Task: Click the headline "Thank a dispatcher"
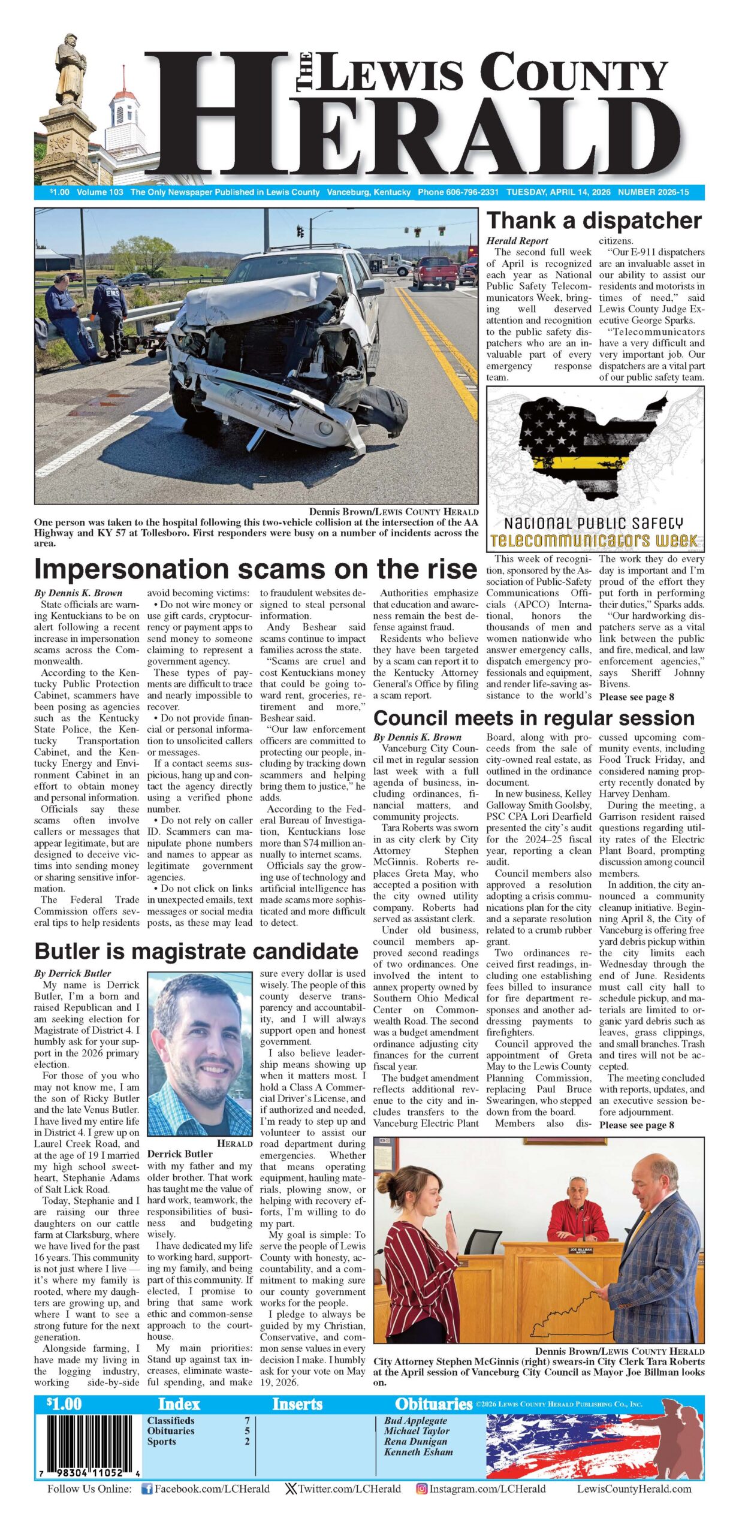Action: click(x=593, y=221)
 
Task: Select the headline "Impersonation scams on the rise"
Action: click(x=255, y=569)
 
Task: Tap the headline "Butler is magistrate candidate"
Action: click(x=196, y=951)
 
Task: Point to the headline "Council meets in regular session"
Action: click(x=533, y=718)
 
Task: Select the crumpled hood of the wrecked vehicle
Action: click(x=264, y=298)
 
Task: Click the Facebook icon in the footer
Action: click(x=146, y=1488)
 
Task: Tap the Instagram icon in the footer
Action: click(x=421, y=1488)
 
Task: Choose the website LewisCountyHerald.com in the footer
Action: click(x=634, y=1488)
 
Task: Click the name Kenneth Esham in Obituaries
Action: click(x=418, y=1452)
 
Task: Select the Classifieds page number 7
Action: click(x=246, y=1420)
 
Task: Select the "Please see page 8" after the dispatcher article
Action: click(x=637, y=697)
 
